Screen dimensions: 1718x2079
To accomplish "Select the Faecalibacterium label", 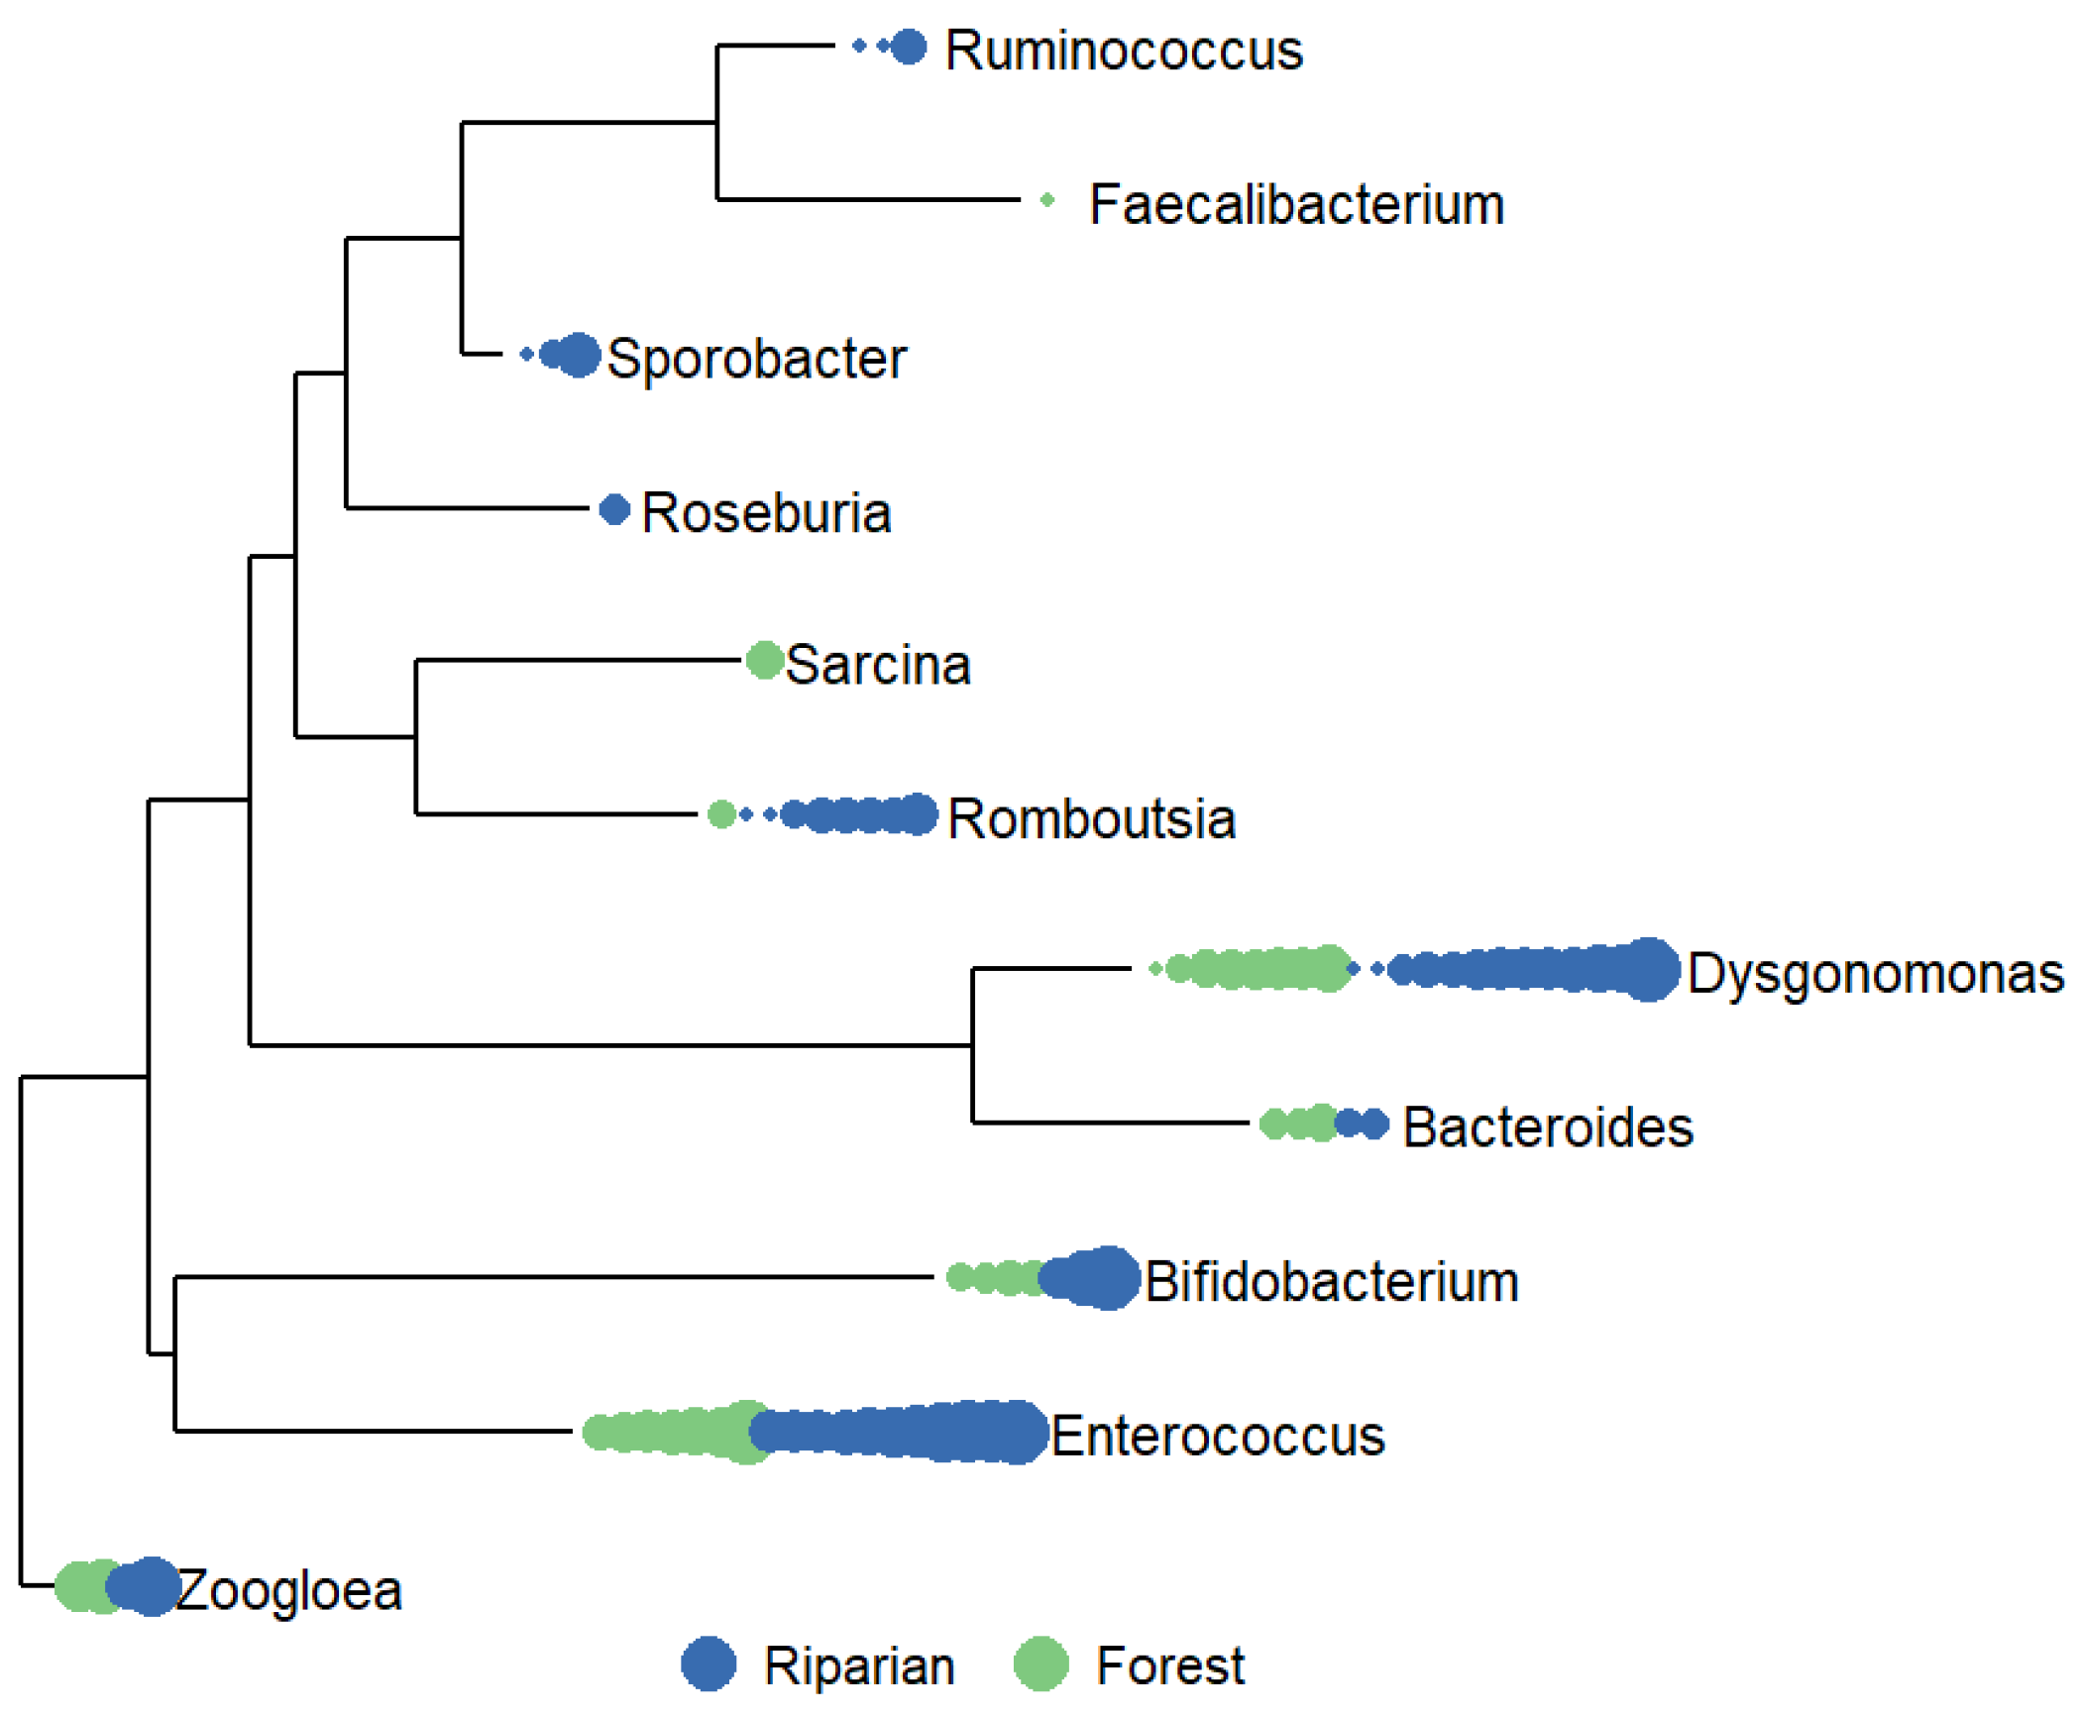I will pos(1296,205).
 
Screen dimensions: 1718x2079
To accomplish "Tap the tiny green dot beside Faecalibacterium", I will pos(1047,201).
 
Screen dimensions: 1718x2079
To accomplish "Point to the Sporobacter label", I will pos(756,359).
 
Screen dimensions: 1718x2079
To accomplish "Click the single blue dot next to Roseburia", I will pos(614,510).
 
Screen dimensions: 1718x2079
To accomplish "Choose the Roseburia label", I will pos(766,513).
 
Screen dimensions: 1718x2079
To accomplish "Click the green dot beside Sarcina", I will pos(764,660).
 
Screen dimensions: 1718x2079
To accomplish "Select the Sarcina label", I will pos(877,665).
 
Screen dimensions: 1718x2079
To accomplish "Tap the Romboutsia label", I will pos(1091,819).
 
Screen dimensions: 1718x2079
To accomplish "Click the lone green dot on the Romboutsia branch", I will pos(721,814).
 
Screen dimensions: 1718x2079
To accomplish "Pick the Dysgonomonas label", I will pos(1875,974).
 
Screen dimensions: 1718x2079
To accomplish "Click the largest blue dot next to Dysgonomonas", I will pos(1648,969).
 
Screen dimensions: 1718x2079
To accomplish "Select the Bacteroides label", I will pos(1548,1127).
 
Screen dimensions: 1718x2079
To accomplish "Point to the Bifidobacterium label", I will pos(1332,1282).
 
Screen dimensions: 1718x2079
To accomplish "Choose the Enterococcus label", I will pos(1217,1436).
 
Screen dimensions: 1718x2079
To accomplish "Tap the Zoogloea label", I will pos(288,1591).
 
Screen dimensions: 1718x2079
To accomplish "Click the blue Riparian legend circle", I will pos(709,1664).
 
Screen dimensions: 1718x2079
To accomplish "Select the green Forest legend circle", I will pos(1040,1664).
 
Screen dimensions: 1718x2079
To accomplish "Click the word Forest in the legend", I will pos(1169,1666).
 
